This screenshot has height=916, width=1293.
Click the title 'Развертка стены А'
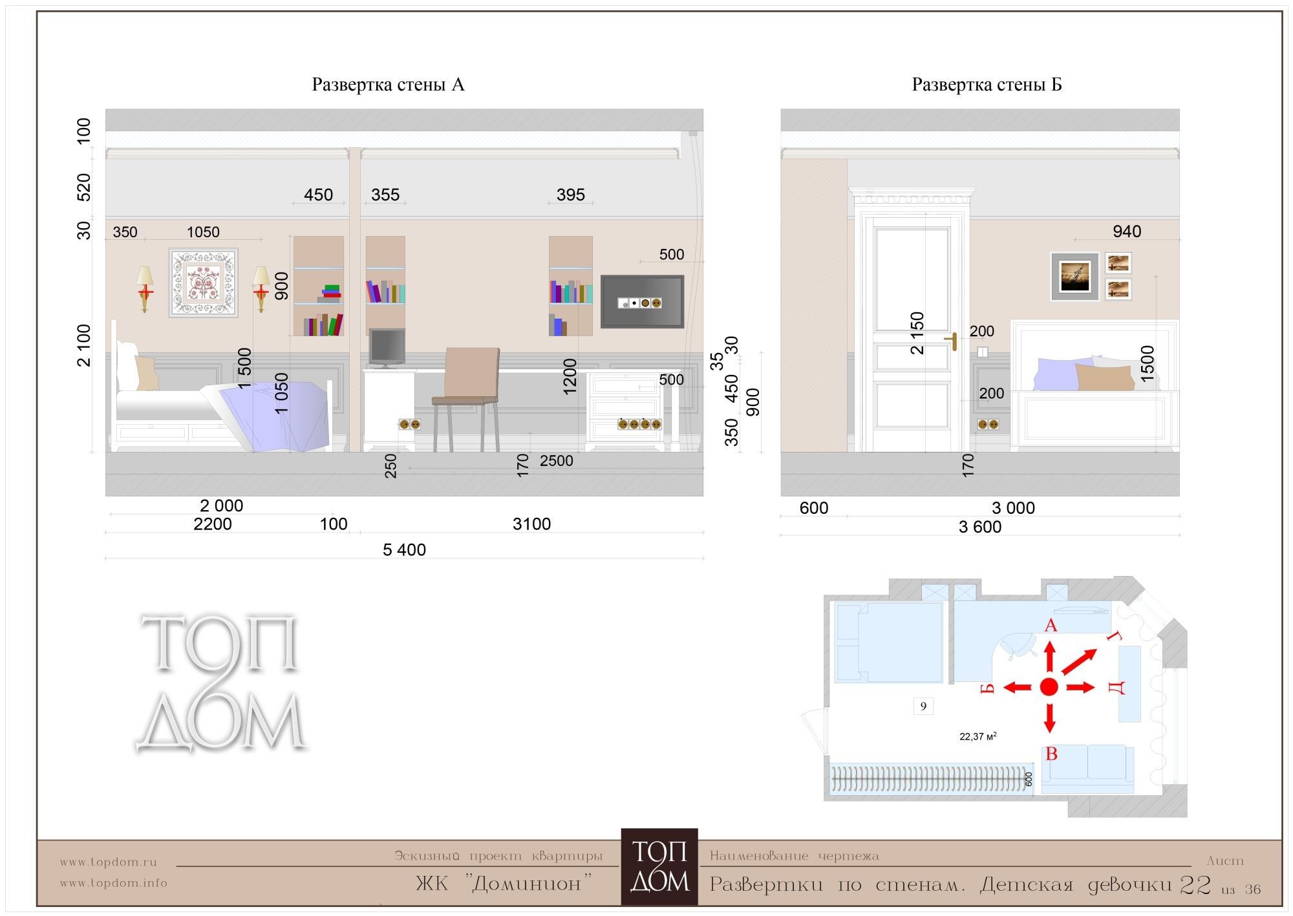click(388, 85)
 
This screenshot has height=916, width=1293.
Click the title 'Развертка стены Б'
click(987, 85)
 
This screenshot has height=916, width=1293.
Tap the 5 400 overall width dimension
click(404, 550)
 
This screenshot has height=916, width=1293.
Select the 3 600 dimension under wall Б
click(980, 527)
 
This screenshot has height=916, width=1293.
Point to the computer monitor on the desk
click(387, 348)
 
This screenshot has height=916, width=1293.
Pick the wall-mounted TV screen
click(642, 302)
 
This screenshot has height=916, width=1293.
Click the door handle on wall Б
click(952, 341)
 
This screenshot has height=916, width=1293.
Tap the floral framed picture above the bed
click(203, 282)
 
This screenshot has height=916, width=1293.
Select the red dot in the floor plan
click(1049, 687)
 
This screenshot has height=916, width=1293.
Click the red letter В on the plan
click(1051, 754)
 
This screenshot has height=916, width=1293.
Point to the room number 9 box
click(923, 706)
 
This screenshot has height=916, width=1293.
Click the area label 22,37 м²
click(978, 736)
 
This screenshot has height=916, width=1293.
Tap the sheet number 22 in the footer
click(1195, 884)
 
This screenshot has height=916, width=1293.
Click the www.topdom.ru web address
click(109, 862)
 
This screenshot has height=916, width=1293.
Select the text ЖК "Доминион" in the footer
click(504, 883)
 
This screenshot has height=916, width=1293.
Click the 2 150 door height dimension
click(917, 333)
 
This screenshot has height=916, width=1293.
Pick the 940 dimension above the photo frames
click(1127, 231)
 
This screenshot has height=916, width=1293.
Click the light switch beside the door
click(983, 352)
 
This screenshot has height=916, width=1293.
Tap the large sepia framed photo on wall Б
click(1075, 276)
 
